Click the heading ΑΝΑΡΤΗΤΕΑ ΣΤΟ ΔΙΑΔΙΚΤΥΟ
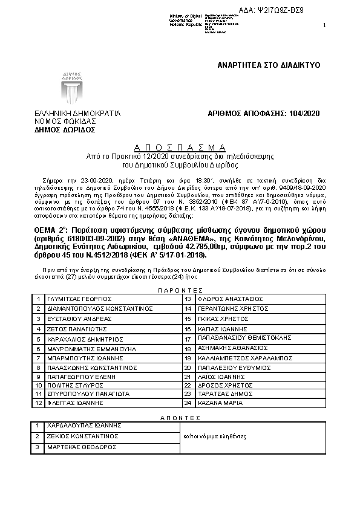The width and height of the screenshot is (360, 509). (x=269, y=65)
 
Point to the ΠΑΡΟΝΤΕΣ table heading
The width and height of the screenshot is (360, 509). (x=180, y=290)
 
